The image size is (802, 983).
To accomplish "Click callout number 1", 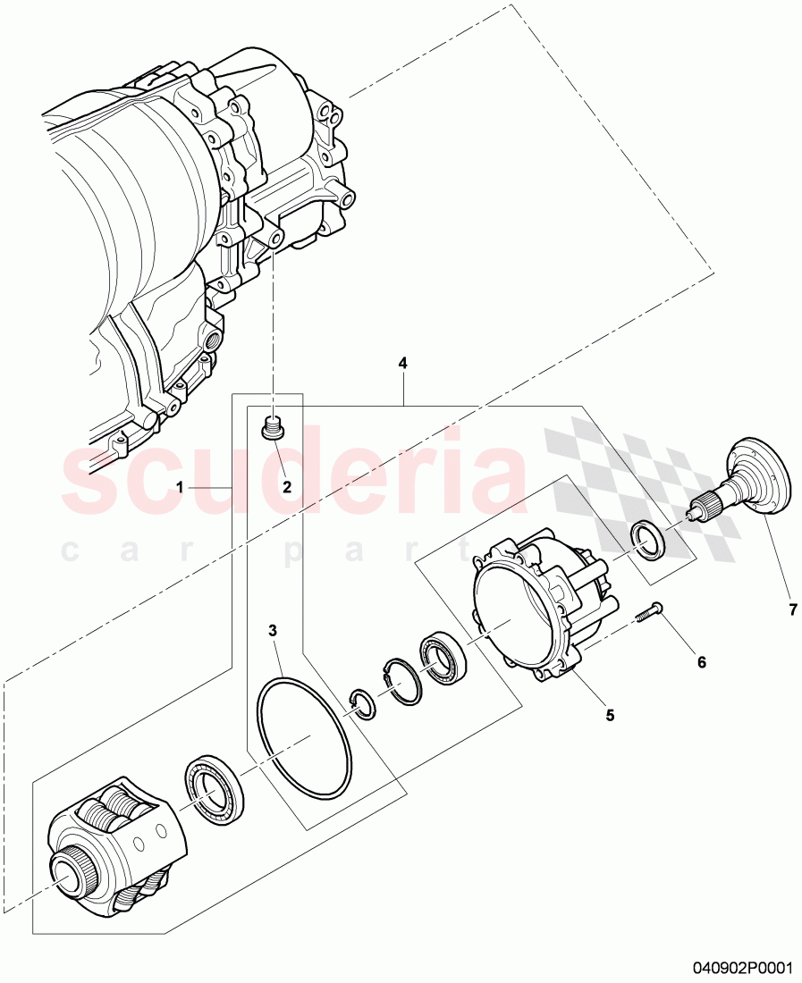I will (180, 487).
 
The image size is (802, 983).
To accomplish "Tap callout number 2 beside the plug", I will (287, 487).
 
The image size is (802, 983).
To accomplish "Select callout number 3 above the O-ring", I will (273, 631).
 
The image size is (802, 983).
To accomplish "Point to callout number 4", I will (402, 364).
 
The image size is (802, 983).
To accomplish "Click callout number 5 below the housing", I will (610, 714).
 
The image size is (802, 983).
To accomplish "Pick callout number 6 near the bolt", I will (701, 662).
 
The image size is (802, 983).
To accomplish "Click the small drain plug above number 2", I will (274, 428).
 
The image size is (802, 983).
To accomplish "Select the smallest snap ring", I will (362, 705).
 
